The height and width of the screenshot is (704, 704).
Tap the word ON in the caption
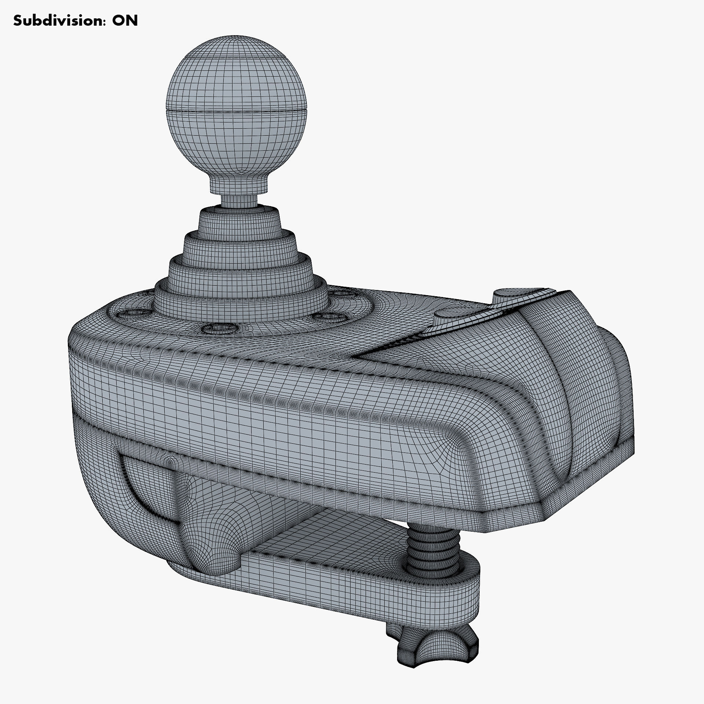coord(125,21)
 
